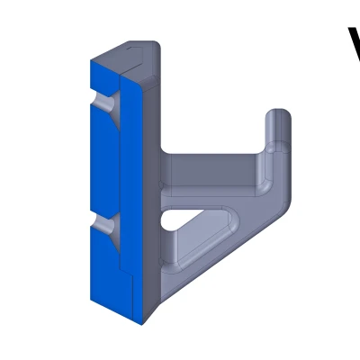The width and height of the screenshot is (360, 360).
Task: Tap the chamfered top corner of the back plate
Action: click(135, 47)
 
